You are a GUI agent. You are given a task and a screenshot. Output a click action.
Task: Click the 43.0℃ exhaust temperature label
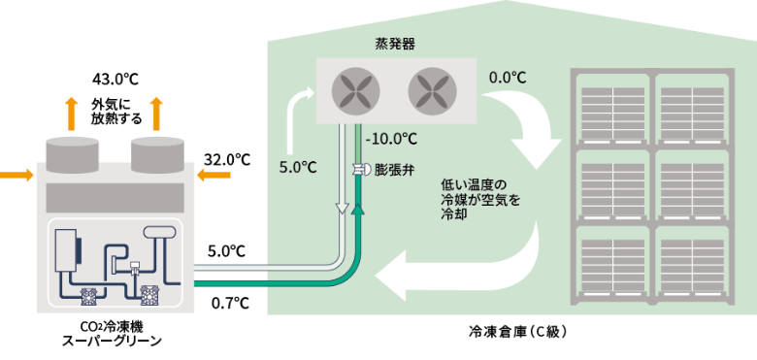(x=115, y=80)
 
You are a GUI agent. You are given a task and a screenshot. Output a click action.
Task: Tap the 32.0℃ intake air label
(x=227, y=159)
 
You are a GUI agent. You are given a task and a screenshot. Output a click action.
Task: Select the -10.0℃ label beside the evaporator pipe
(x=391, y=139)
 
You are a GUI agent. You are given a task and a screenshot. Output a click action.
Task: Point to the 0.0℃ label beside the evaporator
(x=507, y=78)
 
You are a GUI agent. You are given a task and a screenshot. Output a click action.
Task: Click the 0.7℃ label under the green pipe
(x=230, y=303)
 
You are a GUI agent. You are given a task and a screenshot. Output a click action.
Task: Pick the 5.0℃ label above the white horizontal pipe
(x=226, y=251)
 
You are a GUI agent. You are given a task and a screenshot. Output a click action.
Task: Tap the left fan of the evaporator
(x=355, y=91)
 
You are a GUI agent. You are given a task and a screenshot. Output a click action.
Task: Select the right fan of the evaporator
(x=432, y=91)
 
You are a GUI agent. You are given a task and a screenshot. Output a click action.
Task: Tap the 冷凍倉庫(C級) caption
(x=517, y=332)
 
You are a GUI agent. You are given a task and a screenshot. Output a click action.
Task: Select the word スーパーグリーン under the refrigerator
(x=112, y=341)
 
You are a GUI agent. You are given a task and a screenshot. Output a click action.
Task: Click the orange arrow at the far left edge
(x=16, y=175)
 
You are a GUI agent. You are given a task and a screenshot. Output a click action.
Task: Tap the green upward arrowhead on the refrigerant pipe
(x=358, y=209)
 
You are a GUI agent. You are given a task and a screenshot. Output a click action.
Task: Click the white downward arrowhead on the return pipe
(x=343, y=209)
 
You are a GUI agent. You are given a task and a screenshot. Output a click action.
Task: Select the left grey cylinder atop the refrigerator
(x=72, y=154)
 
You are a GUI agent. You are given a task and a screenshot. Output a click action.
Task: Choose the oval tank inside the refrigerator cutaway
(x=161, y=231)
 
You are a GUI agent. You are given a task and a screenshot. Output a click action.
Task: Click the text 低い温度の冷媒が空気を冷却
(x=480, y=199)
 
